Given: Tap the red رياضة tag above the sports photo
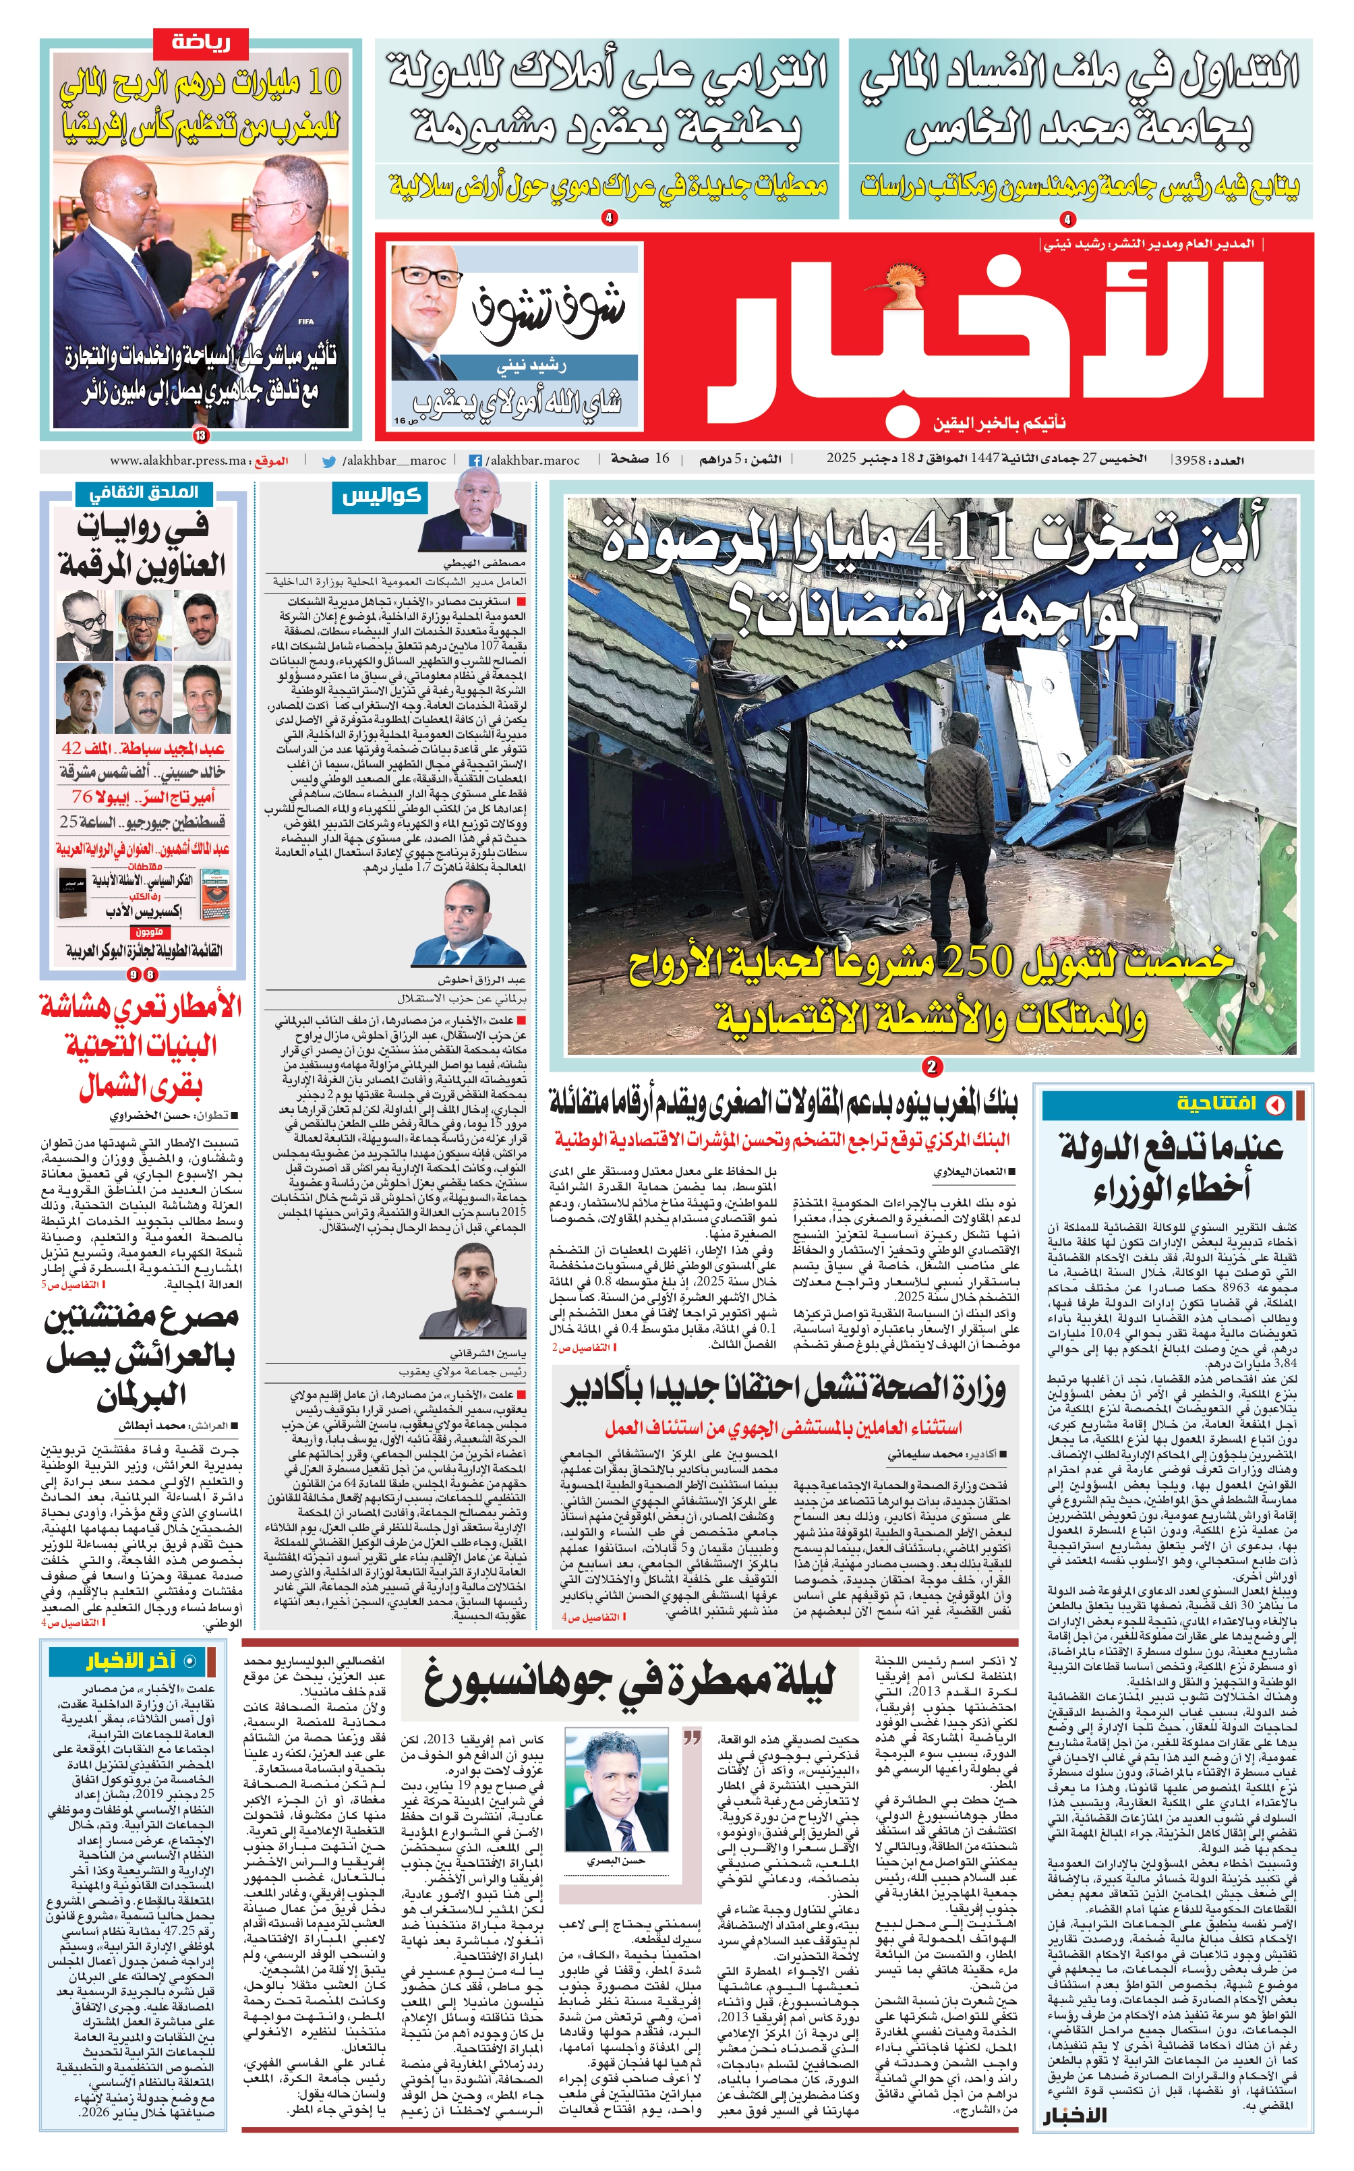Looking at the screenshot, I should (200, 41).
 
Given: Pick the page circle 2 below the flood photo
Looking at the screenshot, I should (932, 1067).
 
